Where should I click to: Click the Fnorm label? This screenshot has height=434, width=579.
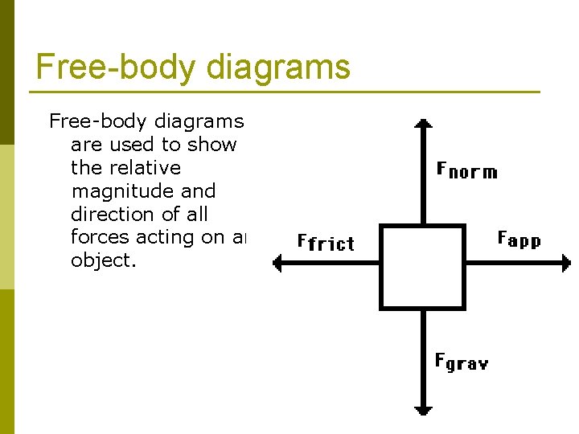[x=466, y=170]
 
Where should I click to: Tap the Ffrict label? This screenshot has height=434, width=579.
[x=325, y=242]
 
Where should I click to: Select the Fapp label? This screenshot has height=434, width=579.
[x=519, y=239]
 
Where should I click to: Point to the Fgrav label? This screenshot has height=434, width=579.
[x=461, y=362]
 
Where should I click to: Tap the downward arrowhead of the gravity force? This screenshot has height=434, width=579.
[x=423, y=411]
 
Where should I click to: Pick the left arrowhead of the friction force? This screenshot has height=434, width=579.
[x=277, y=263]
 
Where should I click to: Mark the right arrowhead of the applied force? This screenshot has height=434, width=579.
[x=565, y=263]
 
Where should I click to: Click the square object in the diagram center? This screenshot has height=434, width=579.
[x=422, y=267]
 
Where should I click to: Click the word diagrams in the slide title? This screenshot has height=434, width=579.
[x=278, y=67]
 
